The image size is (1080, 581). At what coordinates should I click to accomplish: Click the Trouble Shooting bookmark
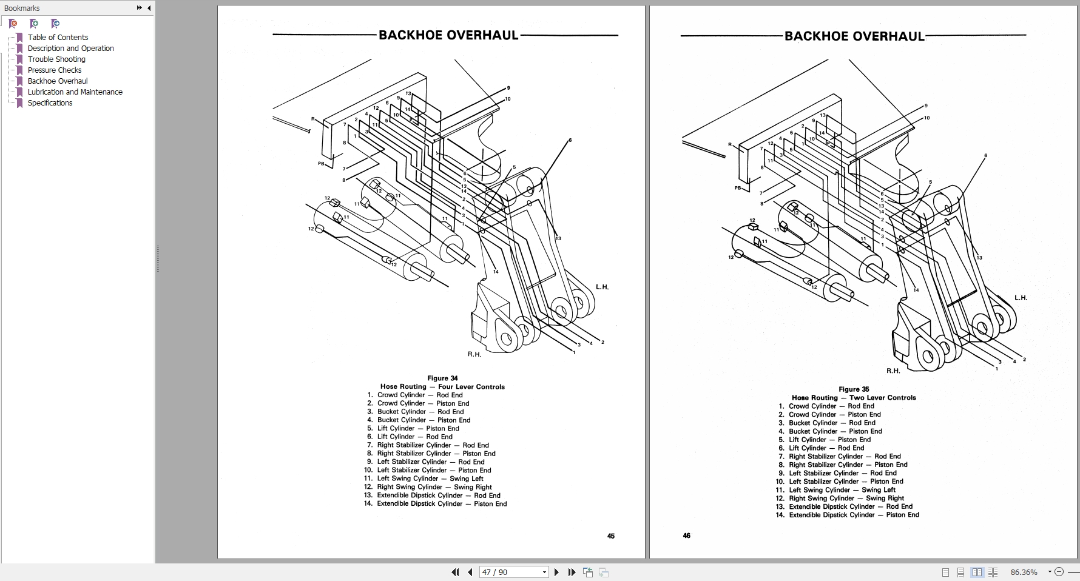point(56,59)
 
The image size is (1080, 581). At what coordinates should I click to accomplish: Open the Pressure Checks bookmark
point(55,70)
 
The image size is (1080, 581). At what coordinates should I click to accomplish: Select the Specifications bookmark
point(50,102)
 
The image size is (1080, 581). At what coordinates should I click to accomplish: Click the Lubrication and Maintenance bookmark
point(75,92)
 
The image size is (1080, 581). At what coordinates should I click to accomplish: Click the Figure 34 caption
point(442,378)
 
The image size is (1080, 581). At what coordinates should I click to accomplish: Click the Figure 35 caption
point(854,389)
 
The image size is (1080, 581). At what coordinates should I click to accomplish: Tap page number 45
point(610,536)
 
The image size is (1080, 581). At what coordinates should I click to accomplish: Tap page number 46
point(686,536)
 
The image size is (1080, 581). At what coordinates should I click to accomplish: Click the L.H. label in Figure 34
point(602,287)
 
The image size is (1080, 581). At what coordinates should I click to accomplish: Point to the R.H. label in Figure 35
point(893,371)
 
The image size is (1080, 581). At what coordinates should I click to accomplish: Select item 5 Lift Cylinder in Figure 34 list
point(418,428)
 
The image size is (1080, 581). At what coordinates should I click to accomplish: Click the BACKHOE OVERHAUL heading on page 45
point(448,35)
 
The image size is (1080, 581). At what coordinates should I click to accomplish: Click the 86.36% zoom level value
point(1024,572)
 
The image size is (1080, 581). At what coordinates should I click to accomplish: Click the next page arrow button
point(556,572)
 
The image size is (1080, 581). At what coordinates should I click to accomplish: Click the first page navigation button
point(455,572)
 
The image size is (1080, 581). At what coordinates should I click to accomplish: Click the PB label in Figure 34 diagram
point(321,164)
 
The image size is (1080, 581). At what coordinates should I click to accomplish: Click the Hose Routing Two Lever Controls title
point(854,398)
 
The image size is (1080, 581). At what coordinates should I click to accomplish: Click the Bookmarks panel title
point(22,8)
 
